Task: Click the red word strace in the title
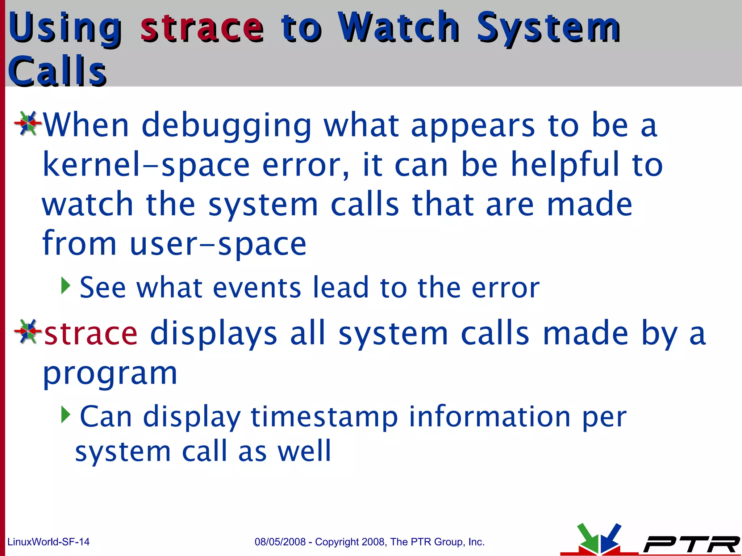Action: (x=201, y=28)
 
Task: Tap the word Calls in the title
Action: (x=57, y=71)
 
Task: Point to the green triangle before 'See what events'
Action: (x=65, y=286)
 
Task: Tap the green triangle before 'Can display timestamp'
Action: (x=65, y=415)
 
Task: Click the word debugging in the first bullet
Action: (x=226, y=126)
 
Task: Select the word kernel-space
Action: (x=146, y=165)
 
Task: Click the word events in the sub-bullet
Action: (x=257, y=287)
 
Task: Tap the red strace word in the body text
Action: (x=91, y=333)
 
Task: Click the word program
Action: (x=110, y=374)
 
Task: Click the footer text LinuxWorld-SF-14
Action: (x=48, y=542)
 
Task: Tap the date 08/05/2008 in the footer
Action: (x=280, y=542)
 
